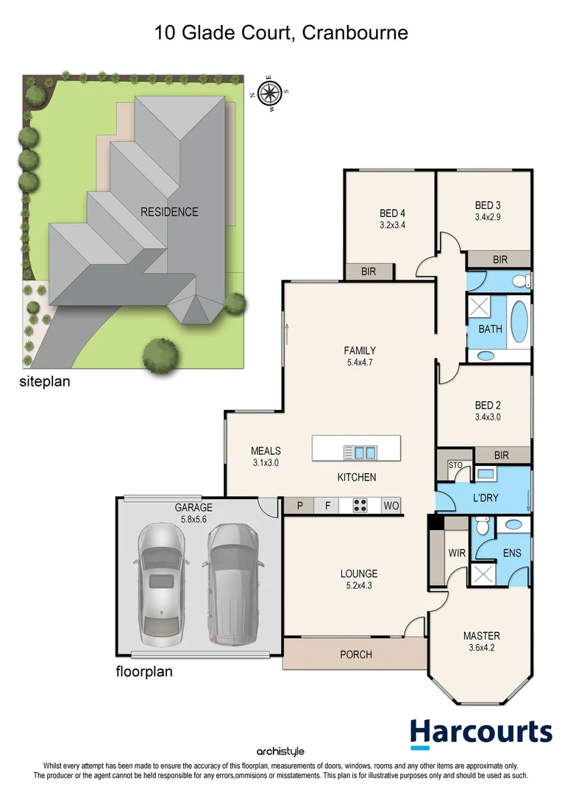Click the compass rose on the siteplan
(x=270, y=93)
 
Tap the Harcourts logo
(x=481, y=732)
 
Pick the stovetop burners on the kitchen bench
(x=360, y=506)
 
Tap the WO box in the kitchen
(x=391, y=506)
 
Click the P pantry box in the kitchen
(x=299, y=506)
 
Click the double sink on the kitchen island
(x=360, y=452)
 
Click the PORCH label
(x=355, y=654)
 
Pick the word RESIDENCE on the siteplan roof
(x=170, y=212)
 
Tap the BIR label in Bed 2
(x=502, y=456)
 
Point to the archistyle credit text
(x=280, y=752)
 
